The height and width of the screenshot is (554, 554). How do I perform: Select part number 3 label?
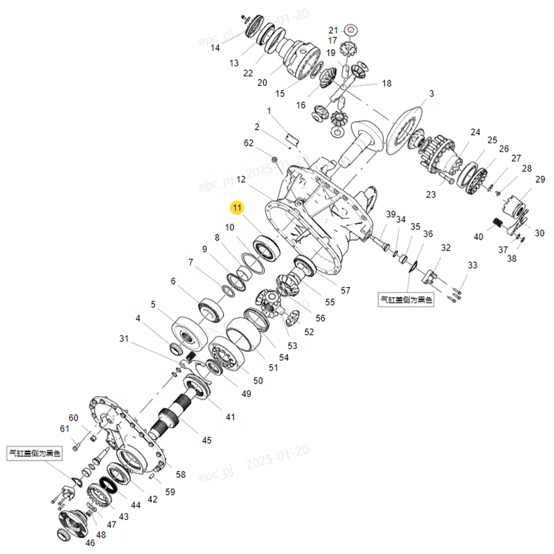[431, 93]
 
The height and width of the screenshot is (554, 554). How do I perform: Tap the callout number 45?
[206, 440]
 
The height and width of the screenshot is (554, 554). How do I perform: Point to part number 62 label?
[249, 143]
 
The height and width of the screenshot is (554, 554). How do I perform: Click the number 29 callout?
[539, 180]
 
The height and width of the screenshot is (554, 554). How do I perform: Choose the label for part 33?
[472, 265]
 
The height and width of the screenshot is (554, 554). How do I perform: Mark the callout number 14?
[215, 48]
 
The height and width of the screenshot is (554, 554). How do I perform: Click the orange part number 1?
[269, 111]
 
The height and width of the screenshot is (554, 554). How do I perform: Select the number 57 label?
[345, 290]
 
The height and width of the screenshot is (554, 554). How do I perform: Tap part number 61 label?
[65, 429]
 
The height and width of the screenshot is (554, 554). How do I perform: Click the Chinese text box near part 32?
[406, 301]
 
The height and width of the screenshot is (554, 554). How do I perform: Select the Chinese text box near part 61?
[35, 454]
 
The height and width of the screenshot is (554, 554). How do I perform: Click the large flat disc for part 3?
[401, 132]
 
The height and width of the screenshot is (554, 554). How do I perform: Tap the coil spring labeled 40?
[497, 223]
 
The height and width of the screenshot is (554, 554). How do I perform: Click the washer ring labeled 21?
[350, 30]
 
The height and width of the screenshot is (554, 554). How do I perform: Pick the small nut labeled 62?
[275, 161]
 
